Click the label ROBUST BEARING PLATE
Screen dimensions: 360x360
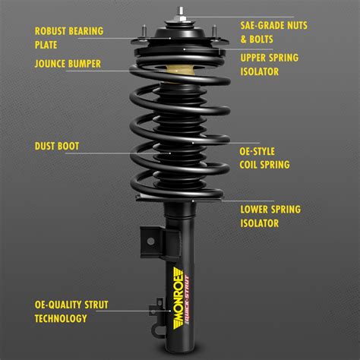[x=69, y=39]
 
